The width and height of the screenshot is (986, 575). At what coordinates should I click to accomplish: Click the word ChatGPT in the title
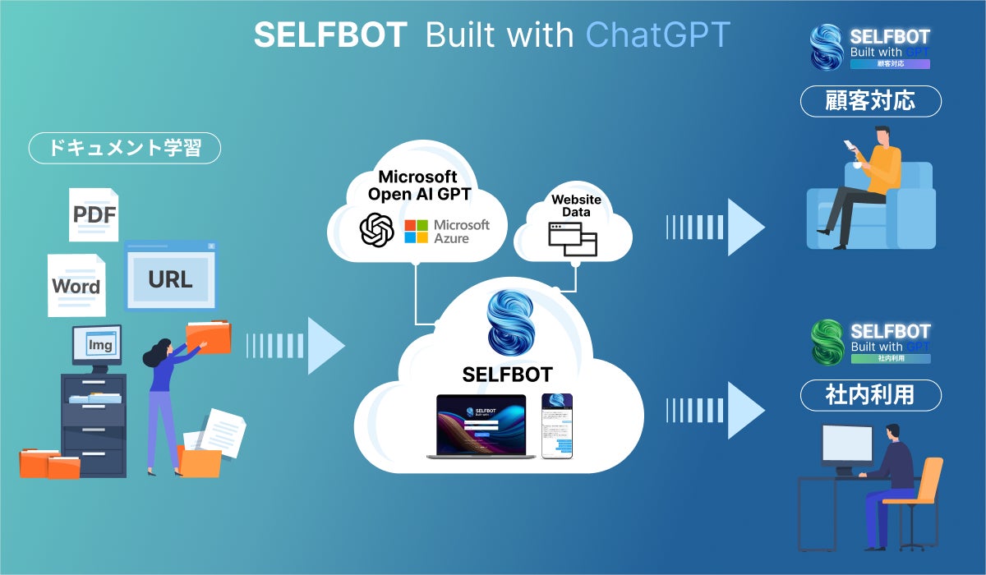pos(657,34)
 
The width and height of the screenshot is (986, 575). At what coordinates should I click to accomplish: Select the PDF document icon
pos(94,214)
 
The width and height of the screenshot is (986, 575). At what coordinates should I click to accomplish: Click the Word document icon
pos(76,285)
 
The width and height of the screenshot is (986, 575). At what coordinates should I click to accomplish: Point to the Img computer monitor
pos(97,345)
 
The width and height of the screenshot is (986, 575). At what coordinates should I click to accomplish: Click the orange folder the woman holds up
pos(209,337)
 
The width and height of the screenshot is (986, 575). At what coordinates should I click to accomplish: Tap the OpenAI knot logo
pos(377,229)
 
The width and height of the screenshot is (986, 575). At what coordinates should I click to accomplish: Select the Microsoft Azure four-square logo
pos(417,231)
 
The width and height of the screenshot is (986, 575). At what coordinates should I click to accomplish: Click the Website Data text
pos(576,205)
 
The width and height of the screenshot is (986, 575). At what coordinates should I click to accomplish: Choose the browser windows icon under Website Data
pos(574,239)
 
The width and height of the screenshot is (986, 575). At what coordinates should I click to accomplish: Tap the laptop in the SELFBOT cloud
pos(481,425)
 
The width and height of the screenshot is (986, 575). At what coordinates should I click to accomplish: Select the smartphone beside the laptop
pos(556,425)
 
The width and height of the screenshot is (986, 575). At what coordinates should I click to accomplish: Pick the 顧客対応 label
pos(870,101)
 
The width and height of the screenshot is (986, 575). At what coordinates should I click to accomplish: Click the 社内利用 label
pos(870,395)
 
